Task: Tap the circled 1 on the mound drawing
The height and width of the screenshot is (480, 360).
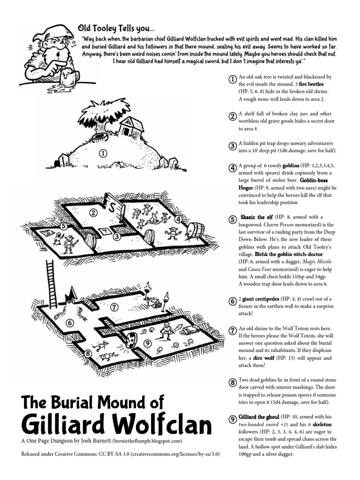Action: [x=103, y=153]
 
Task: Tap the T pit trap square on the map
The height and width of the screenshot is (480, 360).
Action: [x=106, y=232]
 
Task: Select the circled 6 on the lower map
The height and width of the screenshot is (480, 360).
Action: [x=70, y=322]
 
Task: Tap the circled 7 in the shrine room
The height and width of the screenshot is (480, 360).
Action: [x=114, y=307]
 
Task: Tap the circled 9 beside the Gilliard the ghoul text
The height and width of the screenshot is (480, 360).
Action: [x=232, y=419]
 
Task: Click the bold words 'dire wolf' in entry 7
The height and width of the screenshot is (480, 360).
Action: [x=266, y=358]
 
